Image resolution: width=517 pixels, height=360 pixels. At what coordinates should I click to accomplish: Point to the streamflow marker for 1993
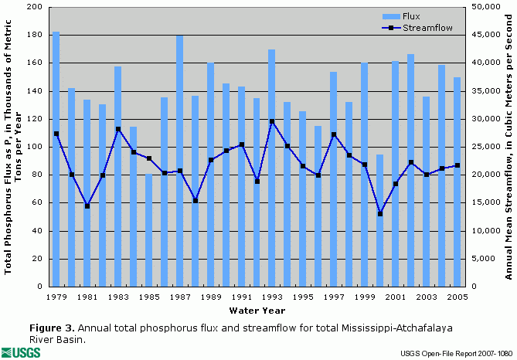point(272,121)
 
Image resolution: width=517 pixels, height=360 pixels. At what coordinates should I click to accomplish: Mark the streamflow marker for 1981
point(87,206)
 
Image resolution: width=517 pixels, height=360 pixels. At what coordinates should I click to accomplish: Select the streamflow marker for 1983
point(118,129)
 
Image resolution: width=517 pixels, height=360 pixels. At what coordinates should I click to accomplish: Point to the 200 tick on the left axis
point(35,8)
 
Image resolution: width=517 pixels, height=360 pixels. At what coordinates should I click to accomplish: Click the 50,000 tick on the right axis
point(483,8)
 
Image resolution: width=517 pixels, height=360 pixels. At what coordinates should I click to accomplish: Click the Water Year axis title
point(257,311)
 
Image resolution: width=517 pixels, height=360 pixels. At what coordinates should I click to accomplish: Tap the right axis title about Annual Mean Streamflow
point(509,146)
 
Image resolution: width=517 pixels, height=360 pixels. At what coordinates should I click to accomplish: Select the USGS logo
point(22,352)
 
